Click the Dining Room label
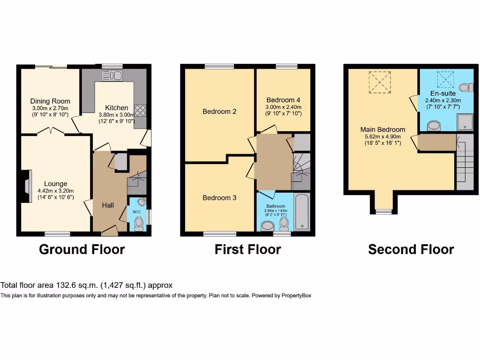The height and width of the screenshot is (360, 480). point(50,101)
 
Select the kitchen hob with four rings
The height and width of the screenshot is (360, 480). point(140,110)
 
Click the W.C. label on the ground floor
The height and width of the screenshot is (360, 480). point(137,211)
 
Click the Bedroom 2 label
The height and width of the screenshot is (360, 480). point(219,112)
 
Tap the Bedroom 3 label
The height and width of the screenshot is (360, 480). point(219,198)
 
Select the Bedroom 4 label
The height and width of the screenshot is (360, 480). point(283,100)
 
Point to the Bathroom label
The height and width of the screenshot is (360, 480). point(276,206)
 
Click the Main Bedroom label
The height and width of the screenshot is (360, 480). point(382,129)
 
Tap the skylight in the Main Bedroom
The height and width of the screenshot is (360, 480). point(380,82)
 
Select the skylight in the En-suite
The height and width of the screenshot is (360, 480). point(442,79)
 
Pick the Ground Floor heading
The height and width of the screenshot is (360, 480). point(82,249)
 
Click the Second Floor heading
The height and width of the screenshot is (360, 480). point(411,249)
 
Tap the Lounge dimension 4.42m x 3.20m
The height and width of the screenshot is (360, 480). point(56,191)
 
